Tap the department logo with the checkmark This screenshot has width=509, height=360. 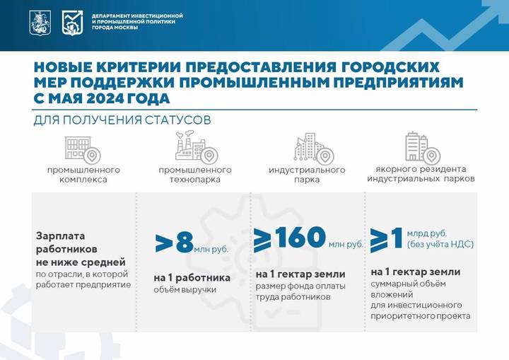coord(72,22)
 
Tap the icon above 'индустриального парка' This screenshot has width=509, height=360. coord(313,148)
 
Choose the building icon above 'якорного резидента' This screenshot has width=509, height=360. coord(420,147)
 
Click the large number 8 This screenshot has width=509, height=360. coord(184,242)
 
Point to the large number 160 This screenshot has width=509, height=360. coord(299,238)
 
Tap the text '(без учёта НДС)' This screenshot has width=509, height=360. coord(440,245)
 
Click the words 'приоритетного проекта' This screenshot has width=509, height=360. coord(420,316)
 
